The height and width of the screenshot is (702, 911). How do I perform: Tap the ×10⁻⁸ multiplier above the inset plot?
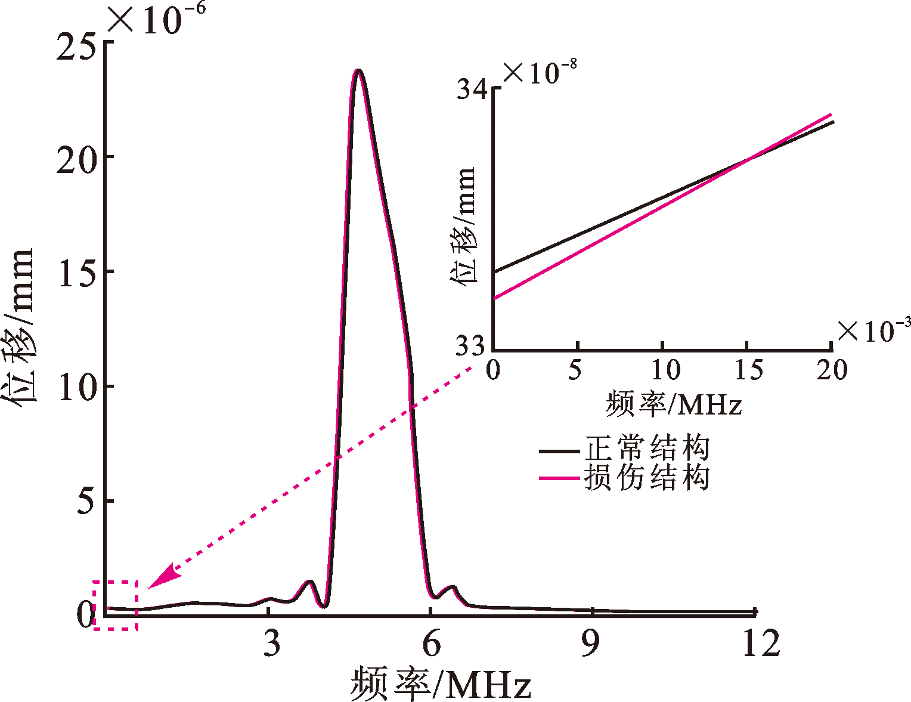tap(540, 72)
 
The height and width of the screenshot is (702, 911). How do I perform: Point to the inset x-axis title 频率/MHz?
tap(674, 403)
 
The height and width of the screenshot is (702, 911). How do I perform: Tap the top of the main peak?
tap(358, 70)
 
